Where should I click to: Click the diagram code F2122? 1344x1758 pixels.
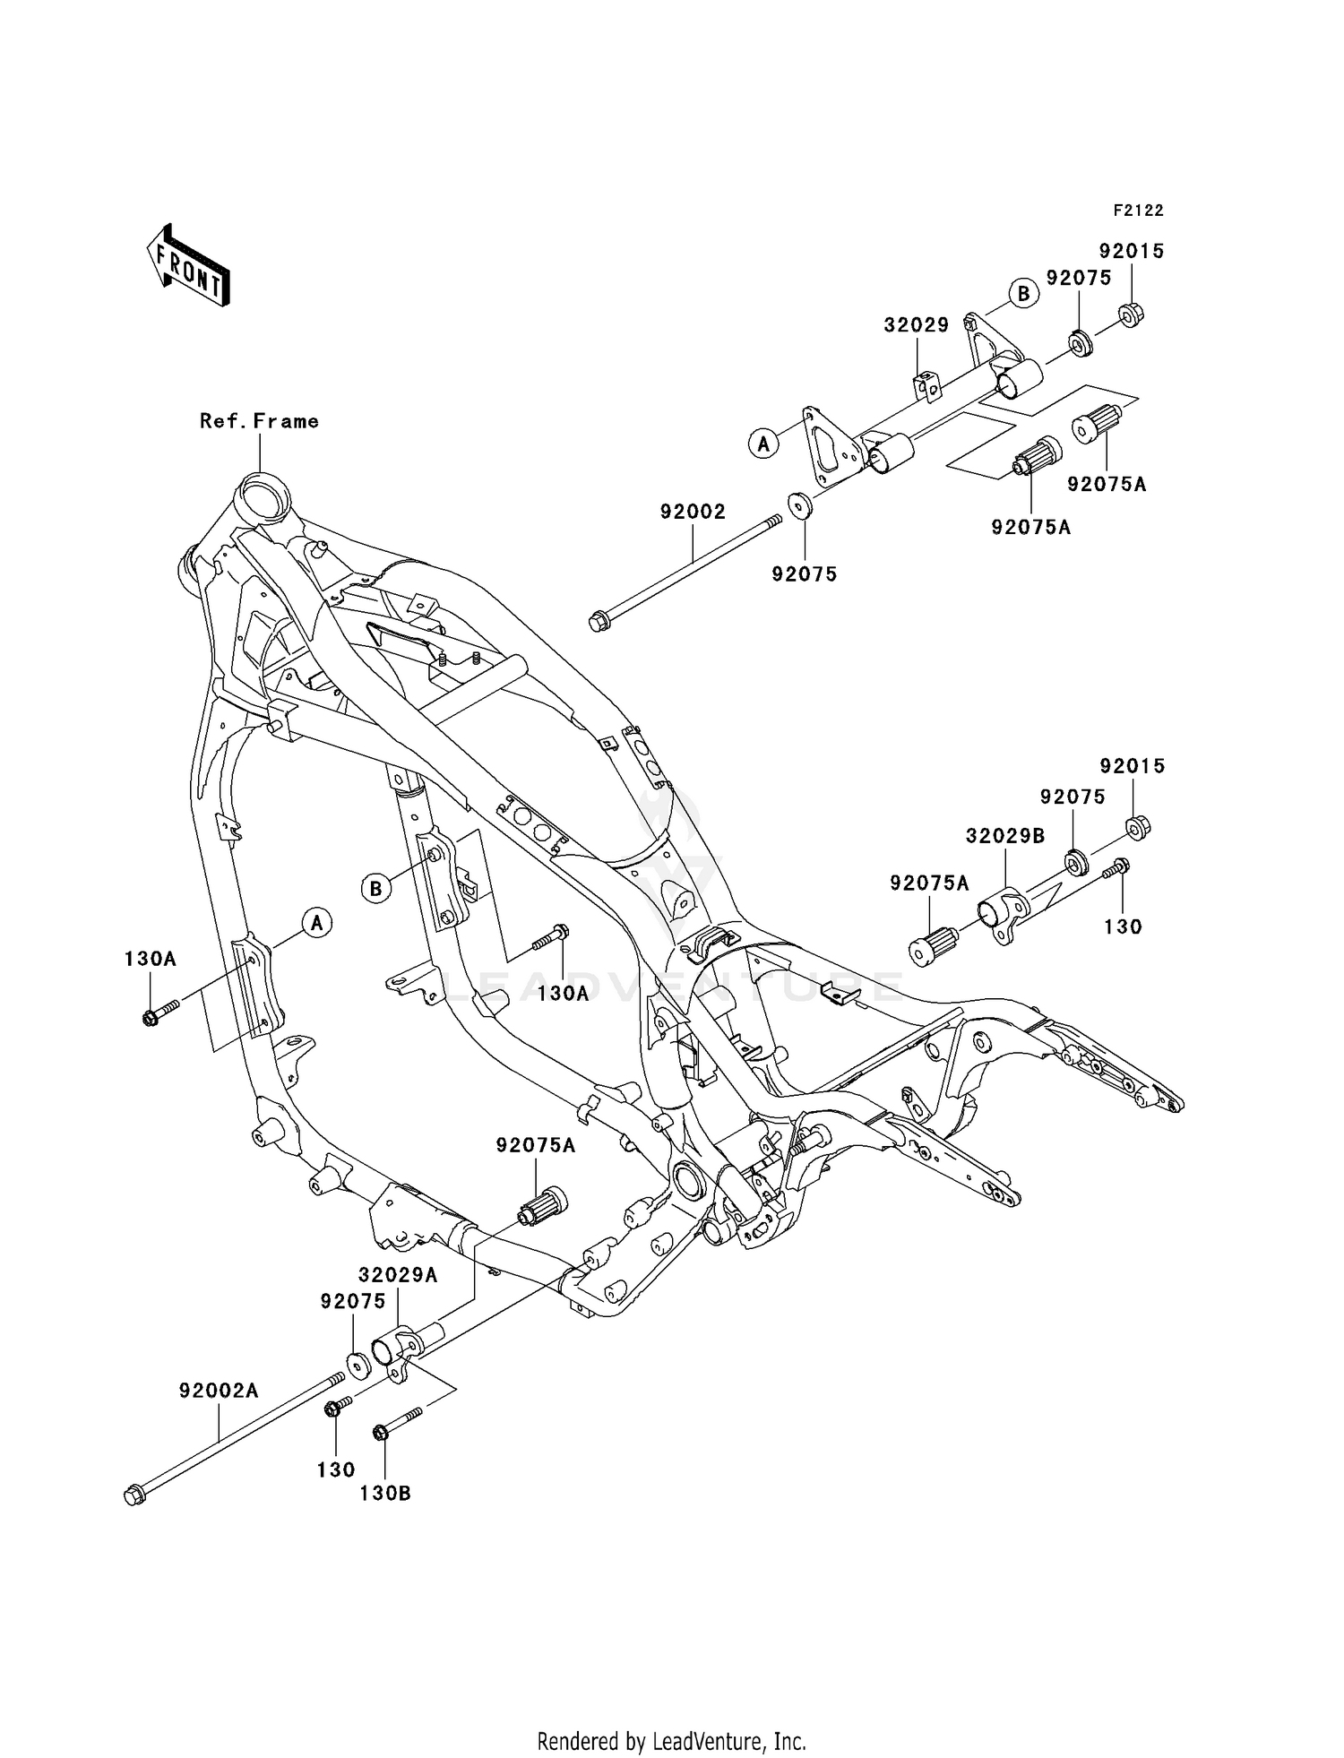coord(1138,211)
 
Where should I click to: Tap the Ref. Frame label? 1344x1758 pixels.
coord(259,421)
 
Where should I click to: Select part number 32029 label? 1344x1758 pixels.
coord(916,325)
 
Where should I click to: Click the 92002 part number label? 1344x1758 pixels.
coord(693,512)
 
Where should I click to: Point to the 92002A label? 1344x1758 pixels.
coord(219,1391)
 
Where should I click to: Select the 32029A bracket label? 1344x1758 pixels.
coord(398,1275)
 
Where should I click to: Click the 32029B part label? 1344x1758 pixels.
coord(1005,836)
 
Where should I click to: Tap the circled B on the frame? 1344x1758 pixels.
coord(376,888)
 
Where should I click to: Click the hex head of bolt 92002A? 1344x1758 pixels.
coord(134,1495)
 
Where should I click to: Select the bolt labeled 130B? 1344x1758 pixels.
coord(396,1426)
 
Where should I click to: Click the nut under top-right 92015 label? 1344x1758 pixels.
coord(1131,314)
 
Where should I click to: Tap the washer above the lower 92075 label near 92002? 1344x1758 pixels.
coord(800,505)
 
